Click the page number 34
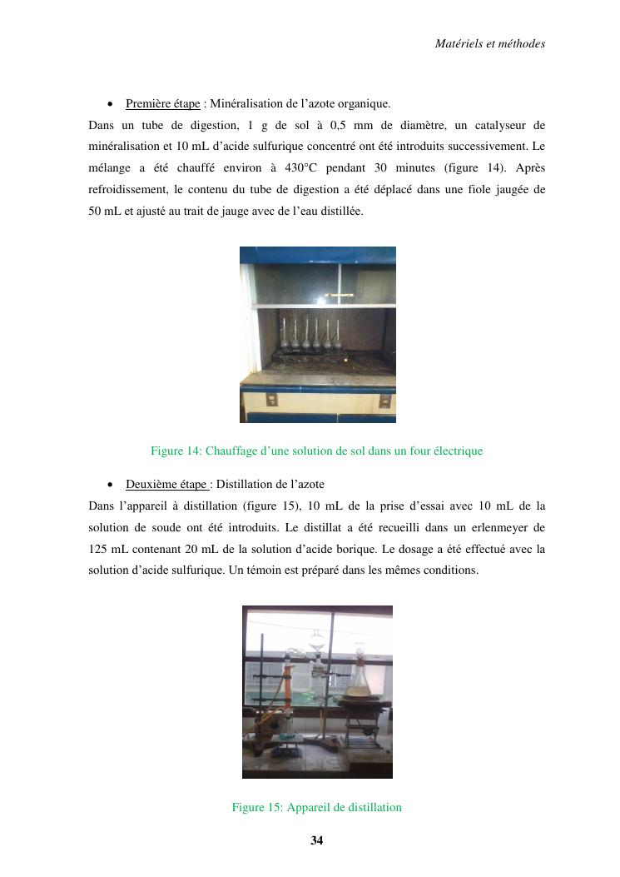pos(316,840)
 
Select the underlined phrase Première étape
pos(162,104)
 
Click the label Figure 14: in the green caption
pos(176,451)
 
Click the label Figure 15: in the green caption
pos(257,807)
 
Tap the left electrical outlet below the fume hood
pos(271,401)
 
